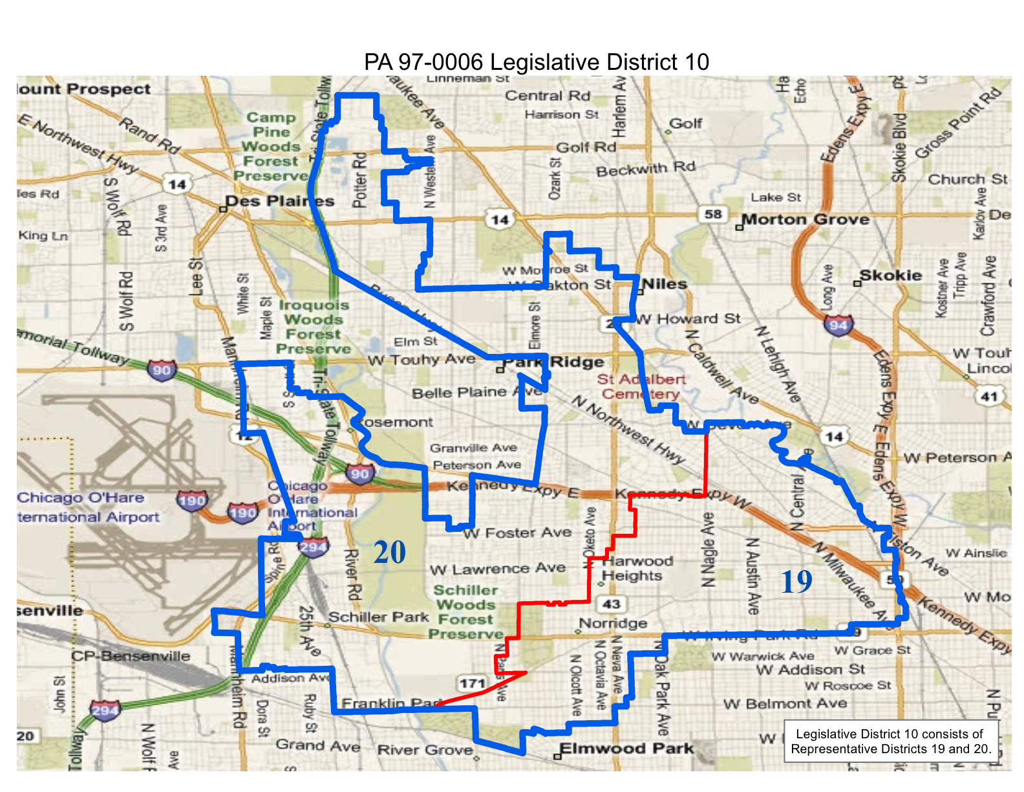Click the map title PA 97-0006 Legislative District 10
click(537, 62)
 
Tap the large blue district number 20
click(389, 552)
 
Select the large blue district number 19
click(796, 582)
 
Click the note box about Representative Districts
click(890, 742)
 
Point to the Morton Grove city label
click(805, 219)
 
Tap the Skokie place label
click(890, 275)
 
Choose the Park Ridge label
click(554, 362)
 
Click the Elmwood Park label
click(626, 749)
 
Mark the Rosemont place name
click(394, 422)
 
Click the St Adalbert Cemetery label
click(641, 386)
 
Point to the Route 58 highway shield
click(713, 214)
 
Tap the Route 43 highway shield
click(611, 604)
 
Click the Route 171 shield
click(473, 683)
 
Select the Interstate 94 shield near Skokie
click(838, 324)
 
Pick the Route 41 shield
click(989, 396)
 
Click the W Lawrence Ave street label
click(498, 569)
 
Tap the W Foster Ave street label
click(517, 533)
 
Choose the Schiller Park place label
click(378, 617)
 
